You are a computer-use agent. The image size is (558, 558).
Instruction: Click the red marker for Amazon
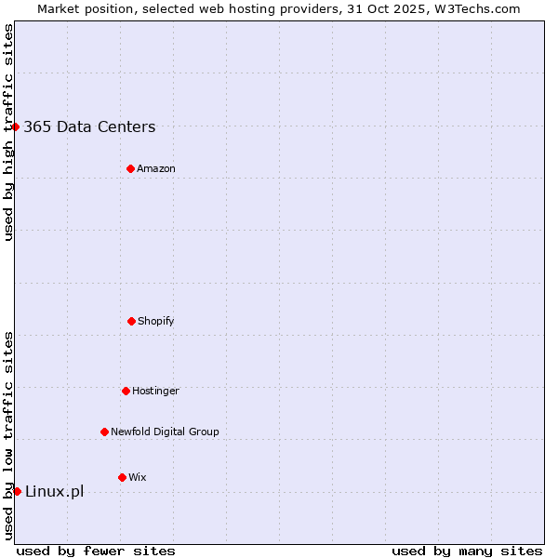pos(130,168)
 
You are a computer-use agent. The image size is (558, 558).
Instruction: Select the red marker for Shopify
pos(131,321)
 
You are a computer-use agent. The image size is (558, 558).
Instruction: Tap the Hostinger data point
pos(126,391)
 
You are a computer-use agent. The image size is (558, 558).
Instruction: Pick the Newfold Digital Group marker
pos(104,432)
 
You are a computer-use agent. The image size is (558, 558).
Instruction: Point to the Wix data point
pos(122,477)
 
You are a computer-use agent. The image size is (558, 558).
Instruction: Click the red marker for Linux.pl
pos(17,491)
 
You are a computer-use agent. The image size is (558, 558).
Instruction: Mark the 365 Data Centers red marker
pos(16,126)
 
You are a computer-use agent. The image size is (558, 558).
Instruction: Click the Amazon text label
pos(156,168)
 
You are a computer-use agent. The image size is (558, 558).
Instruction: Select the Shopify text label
pos(156,321)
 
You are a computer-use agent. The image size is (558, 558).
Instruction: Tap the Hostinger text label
pos(155,391)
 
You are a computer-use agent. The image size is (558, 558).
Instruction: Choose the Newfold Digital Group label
pos(165,432)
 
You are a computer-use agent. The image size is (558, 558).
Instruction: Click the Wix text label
pos(138,477)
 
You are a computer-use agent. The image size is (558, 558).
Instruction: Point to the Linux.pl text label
pos(54,491)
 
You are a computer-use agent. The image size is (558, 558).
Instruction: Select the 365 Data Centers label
pos(89,127)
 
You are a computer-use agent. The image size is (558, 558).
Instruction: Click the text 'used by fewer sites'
pos(96,551)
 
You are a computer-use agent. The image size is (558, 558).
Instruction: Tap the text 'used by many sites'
pos(467,551)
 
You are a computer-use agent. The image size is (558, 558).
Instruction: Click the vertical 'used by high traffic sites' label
pos(8,132)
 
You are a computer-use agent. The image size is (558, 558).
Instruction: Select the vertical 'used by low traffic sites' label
pos(8,435)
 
